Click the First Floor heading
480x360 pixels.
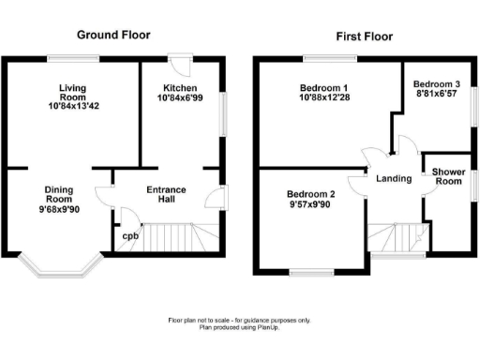point(365,37)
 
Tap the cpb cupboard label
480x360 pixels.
point(130,235)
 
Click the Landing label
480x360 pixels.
point(394,178)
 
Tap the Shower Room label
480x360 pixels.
point(450,177)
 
